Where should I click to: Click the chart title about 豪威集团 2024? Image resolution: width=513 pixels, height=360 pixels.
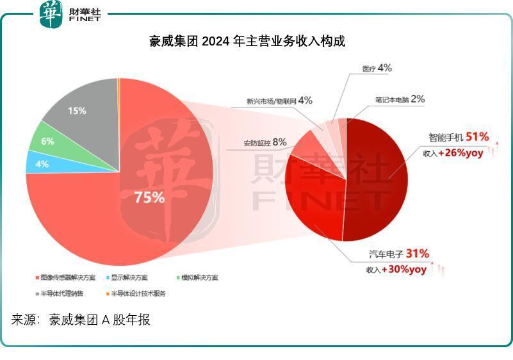247,42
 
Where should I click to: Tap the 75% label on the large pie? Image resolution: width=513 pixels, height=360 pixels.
149,197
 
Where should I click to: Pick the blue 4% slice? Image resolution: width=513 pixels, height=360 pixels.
40,163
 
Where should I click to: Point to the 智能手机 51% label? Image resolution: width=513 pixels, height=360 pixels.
459,137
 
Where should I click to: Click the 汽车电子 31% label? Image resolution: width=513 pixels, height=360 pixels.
398,254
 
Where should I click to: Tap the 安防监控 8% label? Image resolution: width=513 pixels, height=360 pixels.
265,142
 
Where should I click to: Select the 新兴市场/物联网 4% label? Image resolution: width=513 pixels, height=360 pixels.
279,101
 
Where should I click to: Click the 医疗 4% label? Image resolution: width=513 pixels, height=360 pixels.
377,68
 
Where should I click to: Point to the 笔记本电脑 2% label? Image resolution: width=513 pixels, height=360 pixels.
400,99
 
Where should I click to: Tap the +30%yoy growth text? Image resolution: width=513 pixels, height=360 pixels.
403,270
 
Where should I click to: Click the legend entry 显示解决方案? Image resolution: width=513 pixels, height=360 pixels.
129,277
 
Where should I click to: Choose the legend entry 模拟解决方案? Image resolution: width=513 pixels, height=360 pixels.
199,277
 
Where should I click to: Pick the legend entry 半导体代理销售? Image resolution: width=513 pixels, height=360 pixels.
61,293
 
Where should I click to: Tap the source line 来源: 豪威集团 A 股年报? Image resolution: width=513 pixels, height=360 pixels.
81,320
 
